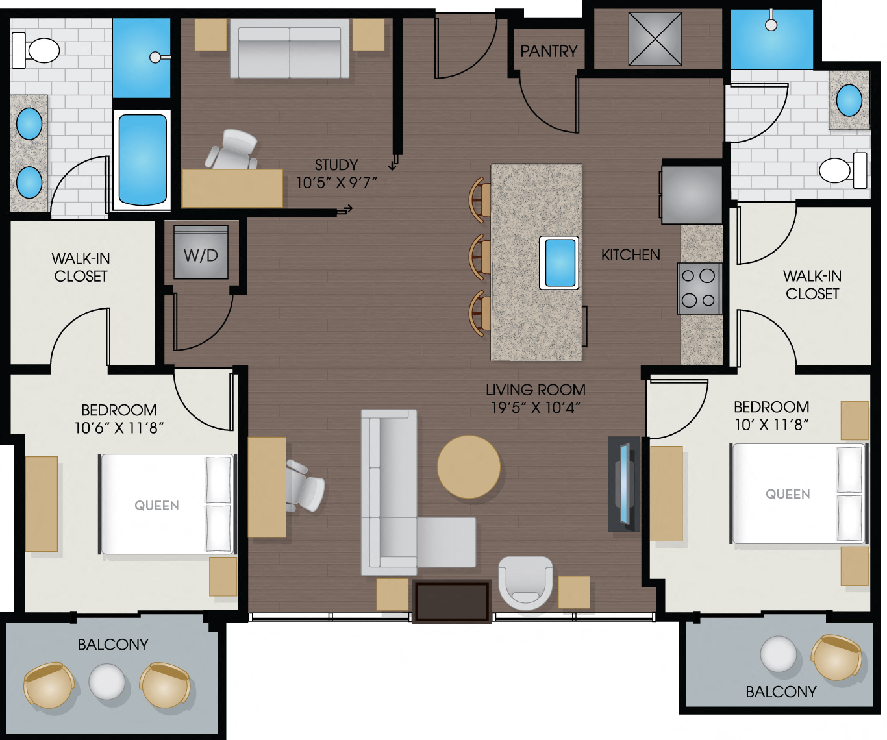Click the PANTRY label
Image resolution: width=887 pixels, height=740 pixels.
(x=549, y=51)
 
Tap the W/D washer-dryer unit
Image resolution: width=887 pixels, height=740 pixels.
(x=201, y=254)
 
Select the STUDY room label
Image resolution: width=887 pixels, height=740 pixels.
(x=336, y=165)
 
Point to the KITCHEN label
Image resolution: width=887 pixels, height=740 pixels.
(x=631, y=255)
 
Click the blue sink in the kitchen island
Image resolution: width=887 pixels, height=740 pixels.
(x=559, y=263)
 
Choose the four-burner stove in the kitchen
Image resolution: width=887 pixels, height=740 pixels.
(x=699, y=288)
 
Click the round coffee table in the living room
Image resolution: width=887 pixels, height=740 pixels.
(x=469, y=467)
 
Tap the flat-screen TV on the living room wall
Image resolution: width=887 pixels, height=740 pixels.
(x=624, y=483)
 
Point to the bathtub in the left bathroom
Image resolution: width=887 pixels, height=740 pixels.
(x=142, y=160)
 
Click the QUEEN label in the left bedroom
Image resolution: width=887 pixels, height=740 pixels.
(x=156, y=506)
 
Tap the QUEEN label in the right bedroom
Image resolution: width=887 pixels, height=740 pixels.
(x=788, y=494)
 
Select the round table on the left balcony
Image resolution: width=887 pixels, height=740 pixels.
(x=106, y=682)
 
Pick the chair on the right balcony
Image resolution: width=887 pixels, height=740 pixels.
(x=837, y=657)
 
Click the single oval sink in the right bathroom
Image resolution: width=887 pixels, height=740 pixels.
(x=849, y=101)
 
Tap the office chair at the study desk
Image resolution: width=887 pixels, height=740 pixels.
(x=233, y=151)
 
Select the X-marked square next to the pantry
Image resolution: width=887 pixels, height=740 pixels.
(x=655, y=40)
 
